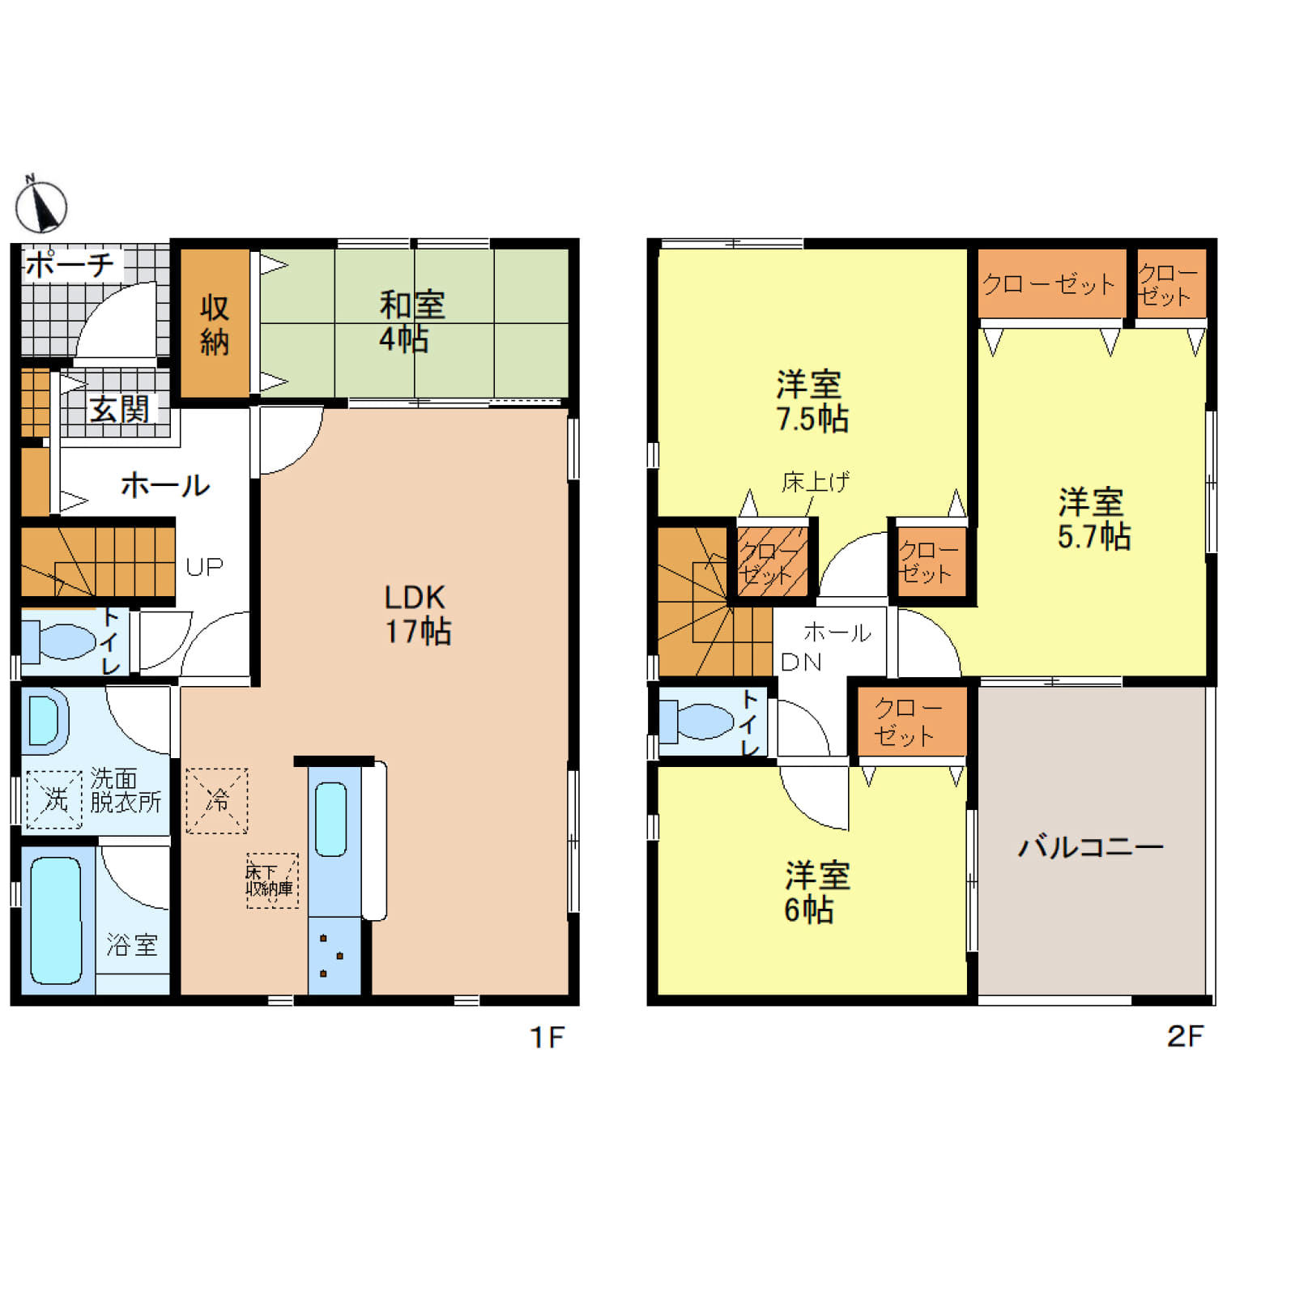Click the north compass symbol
[40, 205]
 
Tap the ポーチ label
[70, 264]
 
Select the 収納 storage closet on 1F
[215, 323]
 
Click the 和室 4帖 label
[411, 322]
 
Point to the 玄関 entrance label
[120, 409]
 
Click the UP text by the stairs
[204, 566]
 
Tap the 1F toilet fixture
[58, 641]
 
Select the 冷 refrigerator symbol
[217, 800]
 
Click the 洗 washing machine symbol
[54, 799]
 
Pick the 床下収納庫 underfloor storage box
[272, 880]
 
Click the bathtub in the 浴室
[56, 920]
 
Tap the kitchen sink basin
[330, 819]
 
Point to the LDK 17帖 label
[417, 614]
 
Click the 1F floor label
[547, 1037]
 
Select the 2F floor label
[1185, 1037]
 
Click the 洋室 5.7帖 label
[1093, 519]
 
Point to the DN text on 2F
[800, 663]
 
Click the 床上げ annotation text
[816, 483]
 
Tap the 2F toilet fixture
[697, 721]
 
